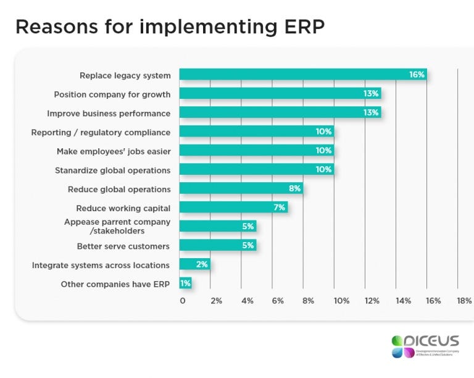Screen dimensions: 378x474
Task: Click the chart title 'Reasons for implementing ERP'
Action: [170, 27]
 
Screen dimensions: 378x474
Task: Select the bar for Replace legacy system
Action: [302, 75]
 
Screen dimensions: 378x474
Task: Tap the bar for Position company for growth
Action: [280, 94]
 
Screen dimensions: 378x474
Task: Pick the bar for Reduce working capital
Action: [233, 208]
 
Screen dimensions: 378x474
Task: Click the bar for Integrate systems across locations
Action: [194, 264]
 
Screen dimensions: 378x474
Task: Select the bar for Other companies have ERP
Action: [186, 283]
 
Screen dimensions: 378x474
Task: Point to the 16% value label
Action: [417, 75]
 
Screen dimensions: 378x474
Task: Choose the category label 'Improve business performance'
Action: [109, 114]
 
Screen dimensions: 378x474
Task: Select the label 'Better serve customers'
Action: [123, 246]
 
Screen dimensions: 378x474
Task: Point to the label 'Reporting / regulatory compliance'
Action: [101, 132]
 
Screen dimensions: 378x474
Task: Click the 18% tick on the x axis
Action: [464, 301]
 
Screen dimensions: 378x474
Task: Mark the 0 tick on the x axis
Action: [182, 301]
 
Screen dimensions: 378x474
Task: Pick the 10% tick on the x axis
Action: [341, 301]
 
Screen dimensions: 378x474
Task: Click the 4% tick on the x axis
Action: [247, 301]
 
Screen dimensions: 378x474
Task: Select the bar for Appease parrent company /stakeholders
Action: [217, 227]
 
